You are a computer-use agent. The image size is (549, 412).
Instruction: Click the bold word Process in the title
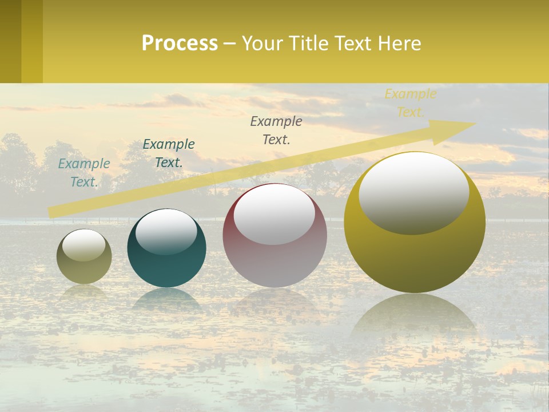tap(180, 43)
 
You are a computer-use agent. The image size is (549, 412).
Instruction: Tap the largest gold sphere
tap(415, 257)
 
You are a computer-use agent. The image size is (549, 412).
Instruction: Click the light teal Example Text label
tap(84, 173)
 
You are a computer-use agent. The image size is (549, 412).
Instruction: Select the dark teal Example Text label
tap(169, 153)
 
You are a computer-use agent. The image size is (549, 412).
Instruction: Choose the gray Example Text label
tap(276, 130)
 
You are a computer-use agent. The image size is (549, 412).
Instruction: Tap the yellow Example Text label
tap(410, 103)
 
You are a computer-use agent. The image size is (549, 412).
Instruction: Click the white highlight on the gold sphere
tap(413, 193)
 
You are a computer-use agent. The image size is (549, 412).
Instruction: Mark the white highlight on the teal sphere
tap(166, 230)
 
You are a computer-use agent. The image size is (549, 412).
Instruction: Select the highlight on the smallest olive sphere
tap(84, 245)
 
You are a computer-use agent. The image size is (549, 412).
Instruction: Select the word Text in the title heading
tap(352, 43)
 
